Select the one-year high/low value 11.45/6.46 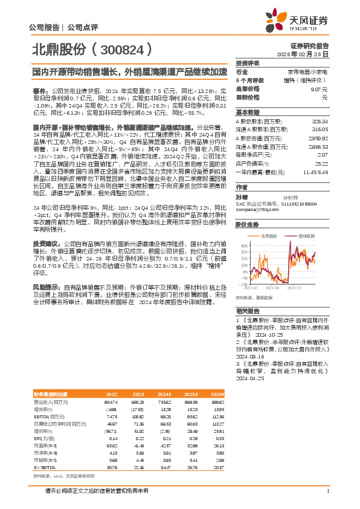[315, 172]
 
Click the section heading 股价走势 [246, 224]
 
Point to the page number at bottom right [327, 491]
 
